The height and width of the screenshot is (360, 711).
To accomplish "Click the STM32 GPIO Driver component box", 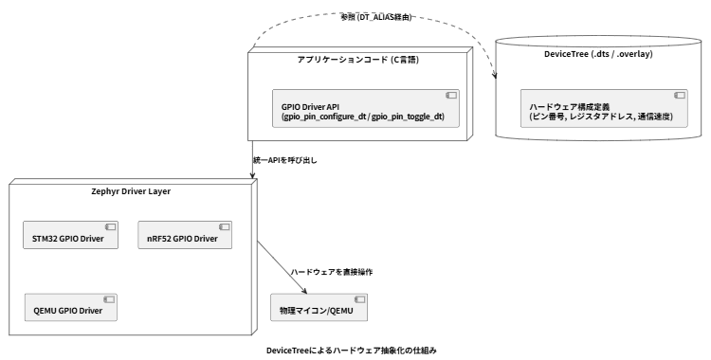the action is click(71, 235).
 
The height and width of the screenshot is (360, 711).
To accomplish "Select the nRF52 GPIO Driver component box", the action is click(185, 235).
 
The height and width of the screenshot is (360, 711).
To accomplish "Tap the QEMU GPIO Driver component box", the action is click(71, 307).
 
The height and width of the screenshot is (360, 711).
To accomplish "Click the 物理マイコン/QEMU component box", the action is click(319, 307).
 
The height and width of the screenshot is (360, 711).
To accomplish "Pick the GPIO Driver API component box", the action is click(366, 108).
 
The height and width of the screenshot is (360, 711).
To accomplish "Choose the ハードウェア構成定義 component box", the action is click(604, 108).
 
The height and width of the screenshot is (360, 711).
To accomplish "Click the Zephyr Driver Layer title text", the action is click(131, 191).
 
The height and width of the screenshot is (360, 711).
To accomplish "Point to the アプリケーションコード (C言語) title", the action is click(357, 60).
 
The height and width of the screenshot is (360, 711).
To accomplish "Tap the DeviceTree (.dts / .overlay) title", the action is click(598, 54).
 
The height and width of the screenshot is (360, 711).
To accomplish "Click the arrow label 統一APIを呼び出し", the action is click(285, 160).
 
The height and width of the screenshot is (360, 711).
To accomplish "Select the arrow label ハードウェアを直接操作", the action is click(332, 272).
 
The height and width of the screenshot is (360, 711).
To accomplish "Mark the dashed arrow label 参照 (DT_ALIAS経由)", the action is click(376, 17).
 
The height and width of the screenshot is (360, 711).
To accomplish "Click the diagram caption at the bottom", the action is click(352, 351).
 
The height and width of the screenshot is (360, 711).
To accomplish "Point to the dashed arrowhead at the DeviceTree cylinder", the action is click(495, 75).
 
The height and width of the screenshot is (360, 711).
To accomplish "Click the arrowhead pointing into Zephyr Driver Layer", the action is click(252, 175).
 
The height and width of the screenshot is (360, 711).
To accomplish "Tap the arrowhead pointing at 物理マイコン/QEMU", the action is click(303, 290).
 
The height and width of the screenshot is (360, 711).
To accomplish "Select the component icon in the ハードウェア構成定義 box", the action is click(680, 95).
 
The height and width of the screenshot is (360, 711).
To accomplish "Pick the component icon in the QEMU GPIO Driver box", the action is click(109, 299).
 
